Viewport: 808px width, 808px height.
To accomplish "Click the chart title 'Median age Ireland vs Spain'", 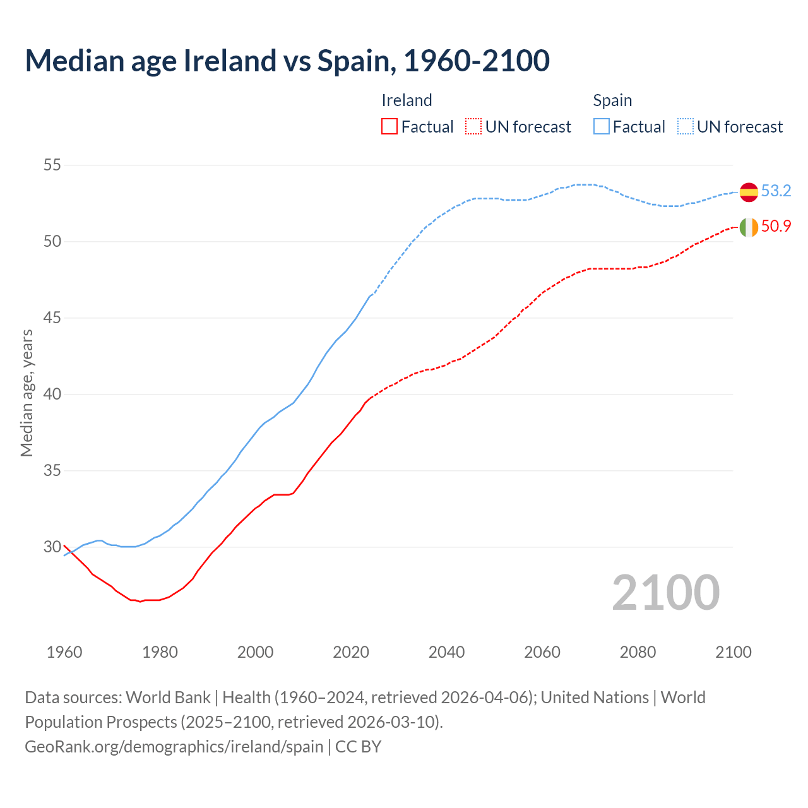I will tap(287, 61).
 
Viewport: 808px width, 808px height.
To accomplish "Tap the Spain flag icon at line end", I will tap(749, 191).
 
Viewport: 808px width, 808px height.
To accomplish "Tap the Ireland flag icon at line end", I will tap(749, 227).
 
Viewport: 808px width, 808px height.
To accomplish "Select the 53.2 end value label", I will tap(776, 191).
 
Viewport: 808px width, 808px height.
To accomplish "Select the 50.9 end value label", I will tap(776, 226).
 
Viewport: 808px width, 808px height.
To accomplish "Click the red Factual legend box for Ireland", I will tap(389, 127).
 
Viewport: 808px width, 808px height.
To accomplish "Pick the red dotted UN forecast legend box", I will tap(473, 127).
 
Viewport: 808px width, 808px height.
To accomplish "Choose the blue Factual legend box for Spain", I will tap(602, 127).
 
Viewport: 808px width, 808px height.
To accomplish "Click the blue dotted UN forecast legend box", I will tap(686, 127).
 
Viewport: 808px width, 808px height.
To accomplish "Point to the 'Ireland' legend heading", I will tap(407, 100).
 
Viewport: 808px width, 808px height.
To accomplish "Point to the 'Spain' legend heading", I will tap(612, 100).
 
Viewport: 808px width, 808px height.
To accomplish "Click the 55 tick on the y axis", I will tap(52, 165).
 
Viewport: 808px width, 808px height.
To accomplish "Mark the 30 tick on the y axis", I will tap(52, 547).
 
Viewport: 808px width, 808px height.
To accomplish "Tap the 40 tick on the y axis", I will tap(52, 395).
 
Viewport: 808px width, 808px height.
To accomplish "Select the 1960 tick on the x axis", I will tap(64, 652).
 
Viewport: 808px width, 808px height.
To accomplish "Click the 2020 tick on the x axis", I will tap(351, 652).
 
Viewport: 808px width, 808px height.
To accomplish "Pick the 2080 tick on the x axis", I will tap(638, 652).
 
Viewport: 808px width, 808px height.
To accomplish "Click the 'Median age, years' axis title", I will tap(27, 393).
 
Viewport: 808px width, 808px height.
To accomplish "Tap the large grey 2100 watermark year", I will tap(665, 593).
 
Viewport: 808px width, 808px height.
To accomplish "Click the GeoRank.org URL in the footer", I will tap(174, 747).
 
